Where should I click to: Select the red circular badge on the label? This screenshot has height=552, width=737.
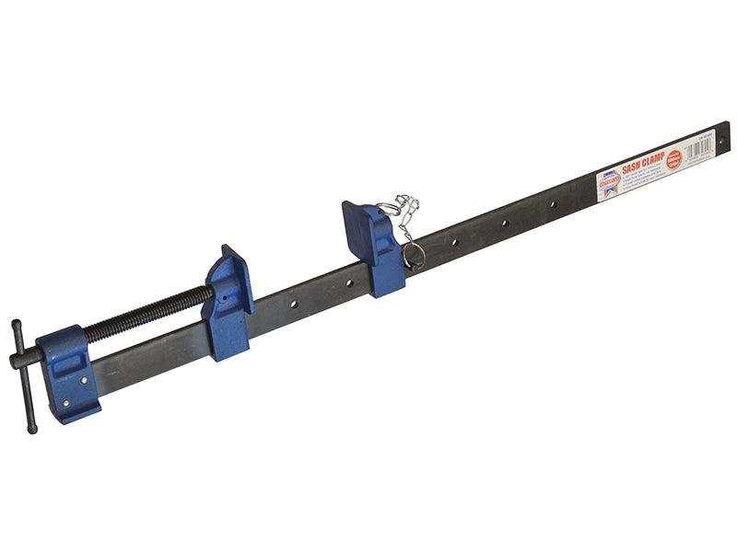tap(673, 158)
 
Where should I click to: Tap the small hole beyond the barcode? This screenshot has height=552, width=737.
tap(722, 140)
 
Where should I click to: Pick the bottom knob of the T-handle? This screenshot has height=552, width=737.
tap(34, 427)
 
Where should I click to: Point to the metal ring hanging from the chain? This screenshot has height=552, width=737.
tap(412, 253)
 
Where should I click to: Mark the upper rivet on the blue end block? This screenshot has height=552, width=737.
tap(80, 378)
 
